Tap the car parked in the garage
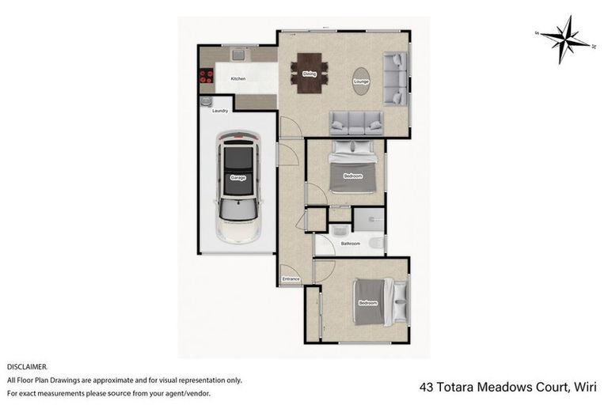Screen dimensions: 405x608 tap(237, 187)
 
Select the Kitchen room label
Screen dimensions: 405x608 tap(237, 79)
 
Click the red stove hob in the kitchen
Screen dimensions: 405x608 tap(208, 78)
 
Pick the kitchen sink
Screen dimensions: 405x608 tap(237, 55)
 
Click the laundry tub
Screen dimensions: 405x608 tap(206, 102)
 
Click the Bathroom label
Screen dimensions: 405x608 tap(351, 244)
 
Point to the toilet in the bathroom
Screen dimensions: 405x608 tap(375, 244)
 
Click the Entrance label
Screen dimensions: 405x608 tap(291, 279)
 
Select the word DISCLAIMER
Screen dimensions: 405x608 tap(28, 367)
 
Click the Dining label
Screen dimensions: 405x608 tap(310, 74)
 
